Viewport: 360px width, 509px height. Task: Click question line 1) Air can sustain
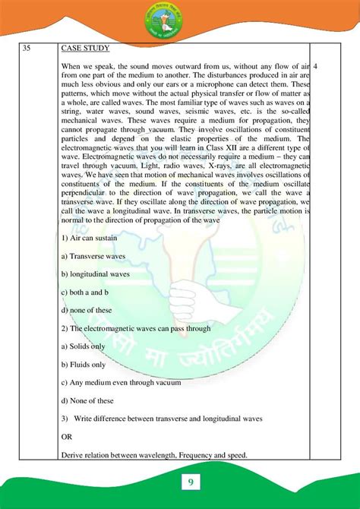(x=89, y=238)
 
